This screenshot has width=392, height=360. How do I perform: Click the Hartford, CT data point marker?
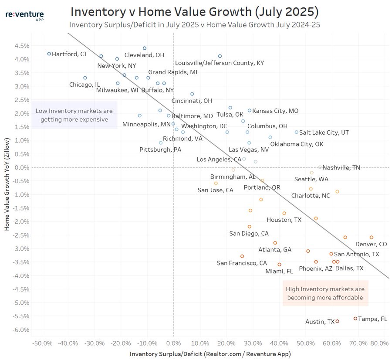click(49, 54)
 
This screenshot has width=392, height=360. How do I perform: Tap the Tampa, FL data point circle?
click(355, 319)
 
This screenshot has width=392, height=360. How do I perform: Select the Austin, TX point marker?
click(338, 321)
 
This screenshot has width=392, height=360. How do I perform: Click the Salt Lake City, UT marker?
click(297, 132)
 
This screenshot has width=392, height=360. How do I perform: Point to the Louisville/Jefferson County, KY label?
click(220, 63)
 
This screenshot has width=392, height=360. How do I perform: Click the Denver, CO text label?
click(371, 244)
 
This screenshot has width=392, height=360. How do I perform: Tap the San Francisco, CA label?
click(242, 263)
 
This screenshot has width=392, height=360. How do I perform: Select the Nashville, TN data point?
click(320, 167)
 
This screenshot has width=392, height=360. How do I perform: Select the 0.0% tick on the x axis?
click(174, 343)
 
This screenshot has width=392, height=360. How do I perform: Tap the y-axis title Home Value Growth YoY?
click(7, 187)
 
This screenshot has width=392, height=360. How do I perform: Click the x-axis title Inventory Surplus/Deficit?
click(210, 354)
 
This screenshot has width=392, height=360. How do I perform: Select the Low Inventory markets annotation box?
click(74, 115)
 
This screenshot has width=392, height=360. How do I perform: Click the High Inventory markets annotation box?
click(324, 293)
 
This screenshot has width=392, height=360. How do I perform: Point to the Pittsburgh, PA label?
click(160, 149)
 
